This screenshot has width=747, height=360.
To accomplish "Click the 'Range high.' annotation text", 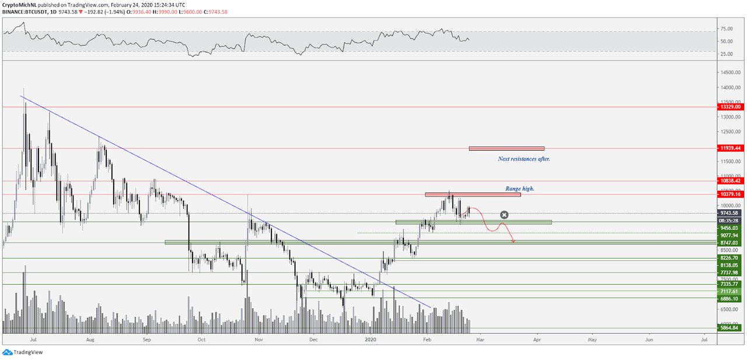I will [x=520, y=188].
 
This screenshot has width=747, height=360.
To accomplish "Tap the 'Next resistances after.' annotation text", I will [x=523, y=159].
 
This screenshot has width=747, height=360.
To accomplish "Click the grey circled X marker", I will [x=505, y=215].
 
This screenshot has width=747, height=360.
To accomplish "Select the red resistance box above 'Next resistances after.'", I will [x=506, y=148].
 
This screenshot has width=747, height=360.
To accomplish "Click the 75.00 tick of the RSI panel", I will [x=727, y=28].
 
